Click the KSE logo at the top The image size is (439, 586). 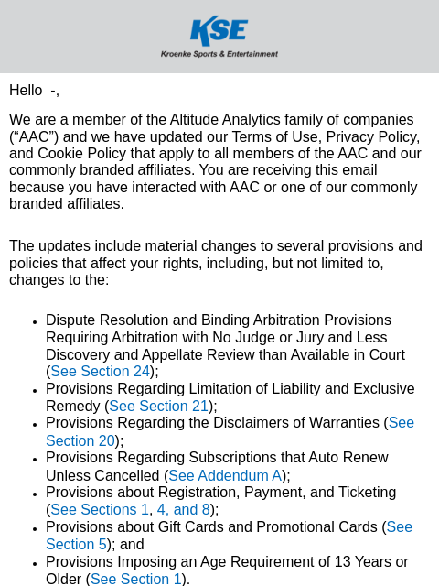coord(219,30)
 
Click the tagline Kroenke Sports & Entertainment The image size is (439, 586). coord(219,54)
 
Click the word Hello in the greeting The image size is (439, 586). coord(26,91)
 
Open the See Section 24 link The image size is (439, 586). coord(100,372)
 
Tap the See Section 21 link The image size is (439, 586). coord(158,407)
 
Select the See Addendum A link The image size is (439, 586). coord(225,476)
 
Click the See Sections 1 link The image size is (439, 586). coord(100,510)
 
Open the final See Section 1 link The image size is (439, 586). coord(136,579)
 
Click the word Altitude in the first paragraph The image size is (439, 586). coord(197,120)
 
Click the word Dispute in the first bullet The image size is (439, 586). coord(71,320)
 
